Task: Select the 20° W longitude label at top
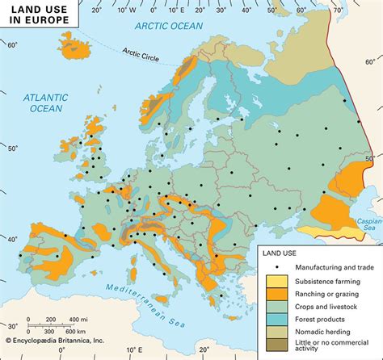click(x=99, y=11)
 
